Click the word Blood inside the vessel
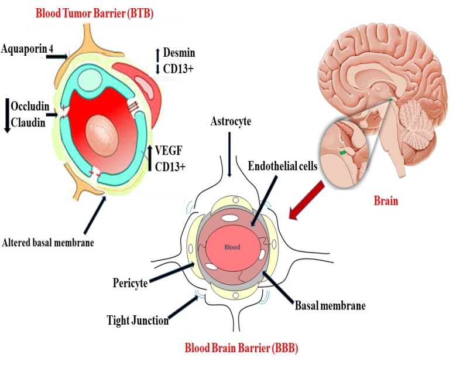coord(232,247)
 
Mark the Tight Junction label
coord(138,320)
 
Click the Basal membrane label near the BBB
coord(331,306)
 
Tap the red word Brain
coord(386,201)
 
